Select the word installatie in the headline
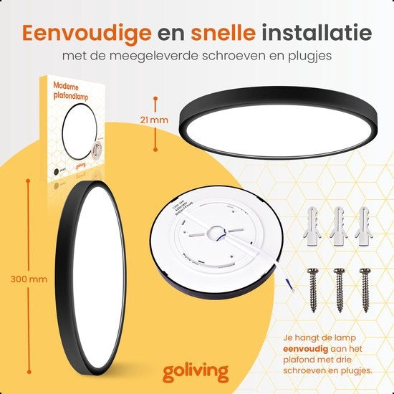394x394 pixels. pos(317,32)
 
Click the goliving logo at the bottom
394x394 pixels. pos(196,372)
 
